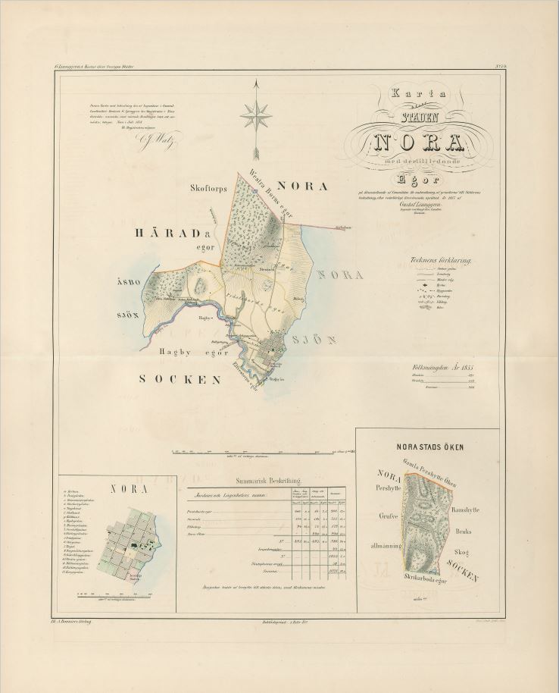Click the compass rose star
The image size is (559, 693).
256,116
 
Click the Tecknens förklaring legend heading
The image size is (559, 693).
440,260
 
